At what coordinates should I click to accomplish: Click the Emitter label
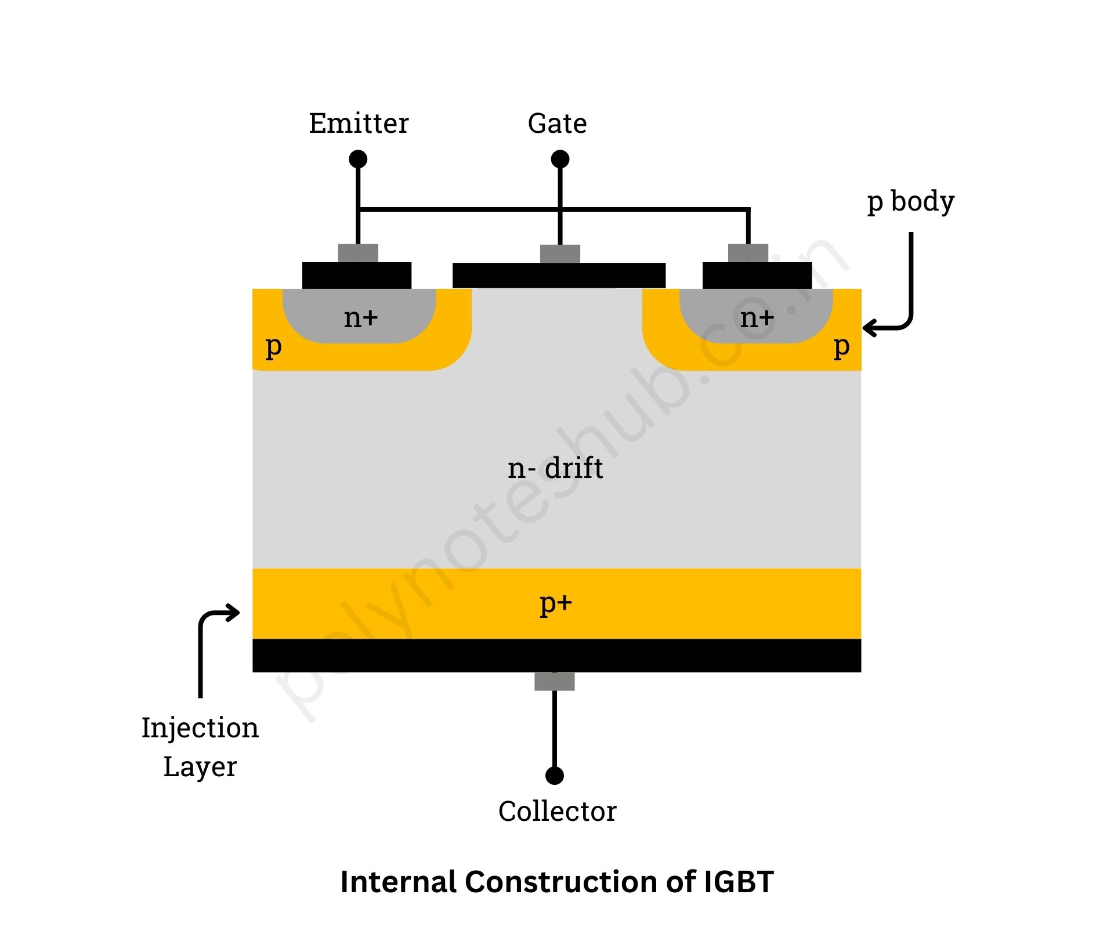click(x=359, y=124)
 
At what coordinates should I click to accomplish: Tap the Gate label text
click(x=557, y=124)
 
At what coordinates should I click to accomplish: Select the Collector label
click(x=557, y=811)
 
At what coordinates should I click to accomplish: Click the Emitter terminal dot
click(x=358, y=158)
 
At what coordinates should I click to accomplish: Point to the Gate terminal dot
click(x=560, y=158)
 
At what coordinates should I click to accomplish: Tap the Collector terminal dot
click(x=555, y=775)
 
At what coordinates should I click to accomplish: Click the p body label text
click(x=910, y=202)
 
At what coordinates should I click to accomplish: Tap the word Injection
click(x=200, y=728)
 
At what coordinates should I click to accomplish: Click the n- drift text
click(x=555, y=468)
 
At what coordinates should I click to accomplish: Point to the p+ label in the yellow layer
click(x=556, y=604)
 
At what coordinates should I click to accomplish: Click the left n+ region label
click(x=360, y=318)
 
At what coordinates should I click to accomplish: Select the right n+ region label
click(x=757, y=318)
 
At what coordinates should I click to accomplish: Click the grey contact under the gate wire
click(x=560, y=254)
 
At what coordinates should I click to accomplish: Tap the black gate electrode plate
click(x=559, y=276)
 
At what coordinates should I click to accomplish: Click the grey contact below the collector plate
click(x=555, y=682)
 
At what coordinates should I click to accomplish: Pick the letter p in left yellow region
click(x=273, y=347)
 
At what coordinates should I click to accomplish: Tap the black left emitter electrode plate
click(x=357, y=276)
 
